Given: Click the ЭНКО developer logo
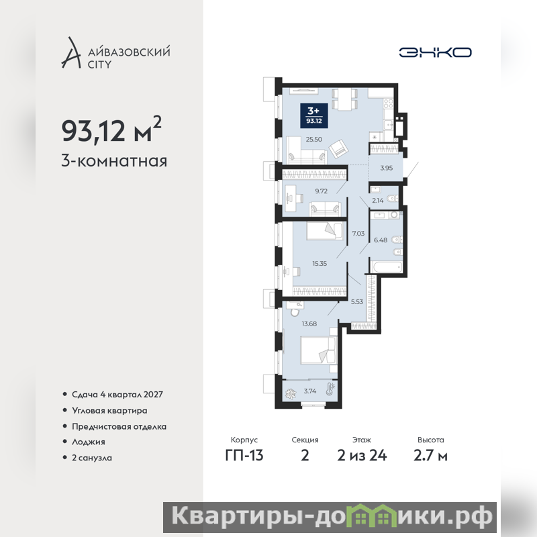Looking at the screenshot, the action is (x=435, y=52).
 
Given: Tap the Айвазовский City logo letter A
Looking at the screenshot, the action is (x=71, y=52).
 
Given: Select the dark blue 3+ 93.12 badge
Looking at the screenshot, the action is (x=314, y=115).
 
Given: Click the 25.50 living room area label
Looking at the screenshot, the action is (x=314, y=140).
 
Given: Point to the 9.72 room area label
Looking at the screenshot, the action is (x=322, y=191).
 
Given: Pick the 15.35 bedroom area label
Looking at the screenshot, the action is (x=320, y=263).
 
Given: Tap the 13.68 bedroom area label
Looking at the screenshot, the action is (x=309, y=324).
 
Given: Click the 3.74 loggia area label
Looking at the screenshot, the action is (x=310, y=391).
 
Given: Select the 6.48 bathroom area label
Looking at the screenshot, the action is (x=381, y=240).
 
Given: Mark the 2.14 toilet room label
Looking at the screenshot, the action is (x=378, y=201).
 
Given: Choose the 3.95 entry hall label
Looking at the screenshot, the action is (x=387, y=168).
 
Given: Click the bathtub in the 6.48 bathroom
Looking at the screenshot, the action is (x=386, y=266).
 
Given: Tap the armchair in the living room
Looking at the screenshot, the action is (x=338, y=148).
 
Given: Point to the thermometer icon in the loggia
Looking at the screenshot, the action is (x=330, y=389).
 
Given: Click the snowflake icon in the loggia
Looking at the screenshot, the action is (x=292, y=393).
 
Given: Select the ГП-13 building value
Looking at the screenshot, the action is (x=244, y=456).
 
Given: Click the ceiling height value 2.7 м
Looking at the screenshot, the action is (x=430, y=456).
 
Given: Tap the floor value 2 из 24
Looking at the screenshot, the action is (x=362, y=456).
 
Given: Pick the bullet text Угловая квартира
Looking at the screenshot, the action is (x=109, y=411).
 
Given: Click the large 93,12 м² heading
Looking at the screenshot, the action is (x=111, y=130).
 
